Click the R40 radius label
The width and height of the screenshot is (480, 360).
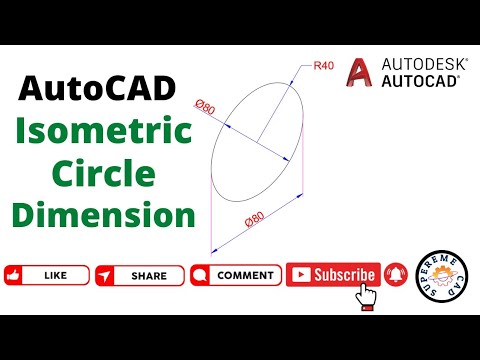(x=324, y=65)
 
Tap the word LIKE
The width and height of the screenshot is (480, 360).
(x=56, y=275)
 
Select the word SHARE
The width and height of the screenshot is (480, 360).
(x=149, y=275)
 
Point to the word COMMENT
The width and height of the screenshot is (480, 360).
(x=245, y=275)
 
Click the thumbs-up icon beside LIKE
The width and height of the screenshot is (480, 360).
(x=15, y=275)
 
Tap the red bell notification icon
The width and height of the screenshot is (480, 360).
(x=395, y=274)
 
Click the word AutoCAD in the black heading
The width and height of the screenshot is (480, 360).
(x=97, y=92)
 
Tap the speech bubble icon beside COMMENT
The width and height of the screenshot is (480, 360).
(x=199, y=275)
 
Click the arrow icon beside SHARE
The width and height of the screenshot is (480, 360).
(x=106, y=275)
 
